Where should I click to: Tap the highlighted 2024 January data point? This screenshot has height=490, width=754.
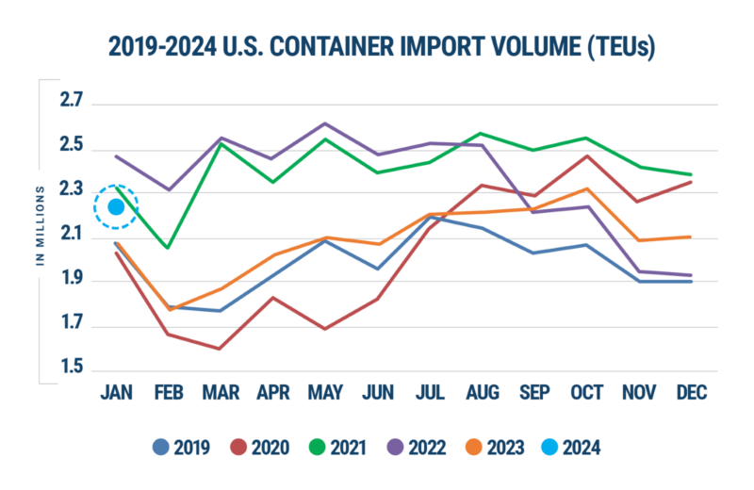[x=117, y=206]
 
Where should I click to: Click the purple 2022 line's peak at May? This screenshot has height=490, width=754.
[x=325, y=122]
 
